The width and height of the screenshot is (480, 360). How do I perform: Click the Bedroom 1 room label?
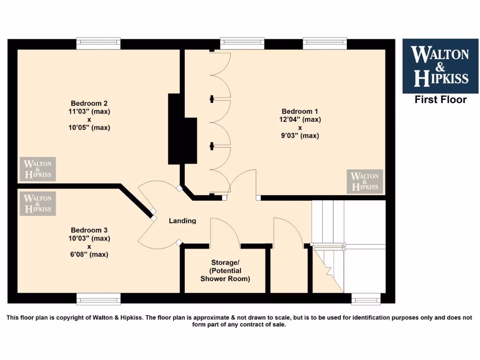point(300,111)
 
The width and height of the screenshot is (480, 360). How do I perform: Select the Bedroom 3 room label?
point(89,230)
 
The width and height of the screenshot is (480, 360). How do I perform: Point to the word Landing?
point(182,221)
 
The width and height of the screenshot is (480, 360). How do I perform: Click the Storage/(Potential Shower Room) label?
point(225,270)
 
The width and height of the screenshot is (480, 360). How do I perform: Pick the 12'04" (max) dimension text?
point(300,120)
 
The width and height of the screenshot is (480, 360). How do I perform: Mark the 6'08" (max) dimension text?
point(89,255)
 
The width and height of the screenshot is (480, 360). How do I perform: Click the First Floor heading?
point(440,99)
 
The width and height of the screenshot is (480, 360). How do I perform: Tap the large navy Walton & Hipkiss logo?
point(440,66)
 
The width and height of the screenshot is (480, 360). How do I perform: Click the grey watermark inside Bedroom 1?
point(365,181)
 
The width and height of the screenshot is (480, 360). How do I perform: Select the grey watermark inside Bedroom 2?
point(37,169)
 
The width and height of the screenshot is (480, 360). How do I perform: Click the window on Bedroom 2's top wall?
point(98,44)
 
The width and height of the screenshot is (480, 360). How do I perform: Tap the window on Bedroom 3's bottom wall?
point(98,299)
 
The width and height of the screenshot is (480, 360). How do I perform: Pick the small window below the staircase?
point(367,299)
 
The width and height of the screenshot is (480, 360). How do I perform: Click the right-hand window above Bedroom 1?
point(325,44)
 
